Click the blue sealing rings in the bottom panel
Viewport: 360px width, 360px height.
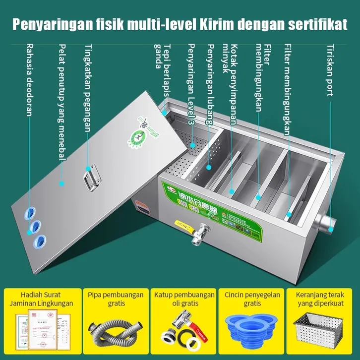tap(252, 328)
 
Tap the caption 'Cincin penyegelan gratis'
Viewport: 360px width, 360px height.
tap(252, 299)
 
